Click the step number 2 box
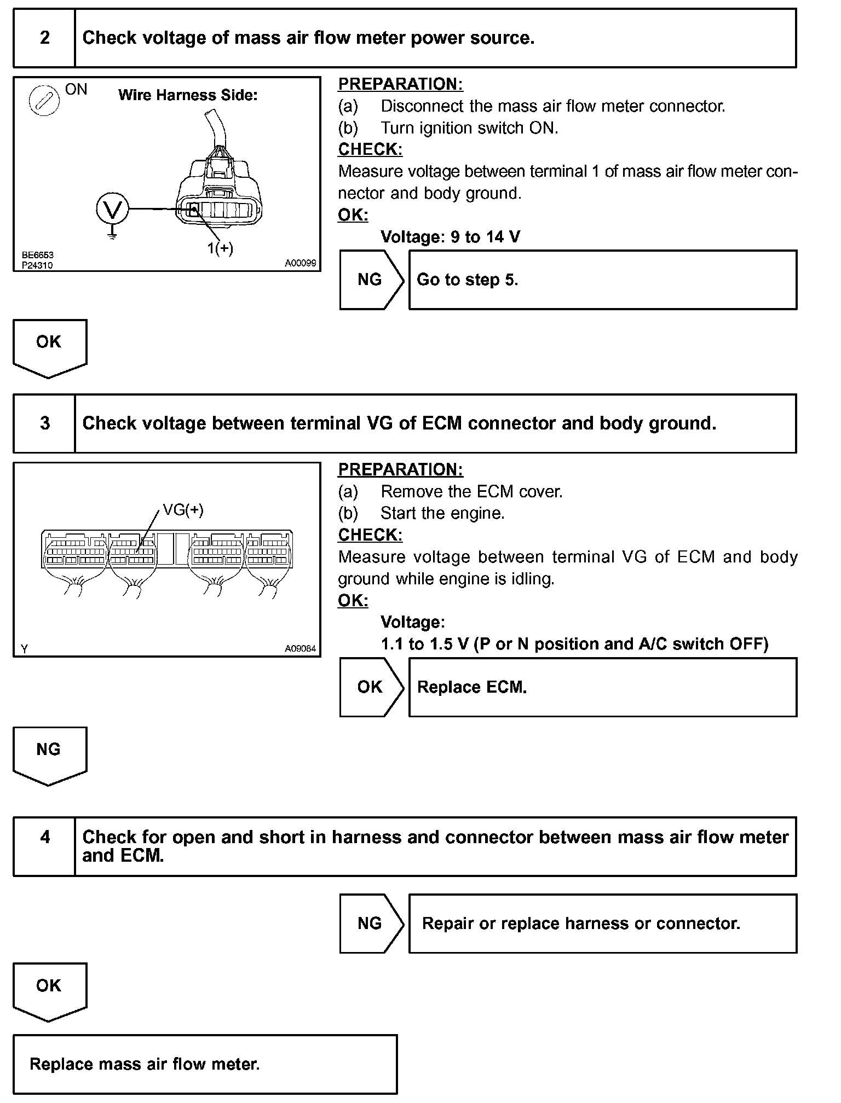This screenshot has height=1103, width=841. pyautogui.click(x=44, y=38)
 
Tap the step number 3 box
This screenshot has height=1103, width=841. pyautogui.click(x=44, y=423)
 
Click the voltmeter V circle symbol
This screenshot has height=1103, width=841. pyautogui.click(x=112, y=210)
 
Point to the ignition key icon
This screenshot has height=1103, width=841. pyautogui.click(x=44, y=101)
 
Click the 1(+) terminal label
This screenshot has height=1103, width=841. pyautogui.click(x=220, y=248)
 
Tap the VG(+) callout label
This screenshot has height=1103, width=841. pyautogui.click(x=183, y=510)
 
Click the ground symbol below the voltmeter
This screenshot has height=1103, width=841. pyautogui.click(x=112, y=235)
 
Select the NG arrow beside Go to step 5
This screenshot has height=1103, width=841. pyautogui.click(x=371, y=280)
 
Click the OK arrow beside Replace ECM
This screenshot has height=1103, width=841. pyautogui.click(x=371, y=687)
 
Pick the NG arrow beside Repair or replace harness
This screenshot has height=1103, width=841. pyautogui.click(x=371, y=924)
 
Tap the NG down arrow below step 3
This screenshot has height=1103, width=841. pyautogui.click(x=49, y=754)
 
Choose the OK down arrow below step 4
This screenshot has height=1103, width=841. pyautogui.click(x=49, y=990)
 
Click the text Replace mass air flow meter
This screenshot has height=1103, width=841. pyautogui.click(x=145, y=1064)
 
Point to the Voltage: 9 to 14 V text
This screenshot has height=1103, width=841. pyautogui.click(x=450, y=237)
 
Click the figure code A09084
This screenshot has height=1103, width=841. pyautogui.click(x=300, y=648)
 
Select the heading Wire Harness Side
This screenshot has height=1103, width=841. pyautogui.click(x=188, y=95)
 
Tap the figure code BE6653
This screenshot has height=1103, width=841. pyautogui.click(x=38, y=255)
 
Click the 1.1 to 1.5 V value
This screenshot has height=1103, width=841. pyautogui.click(x=424, y=644)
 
